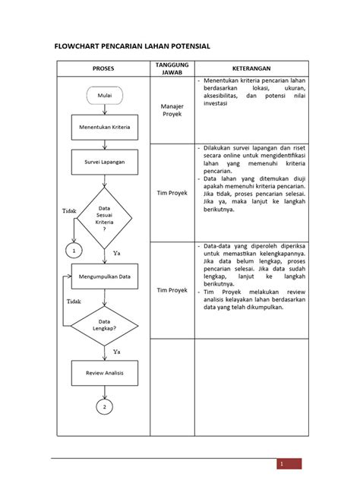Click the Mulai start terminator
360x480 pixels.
[x=104, y=95]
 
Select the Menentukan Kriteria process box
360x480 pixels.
[x=104, y=128]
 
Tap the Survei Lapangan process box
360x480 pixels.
[x=104, y=162]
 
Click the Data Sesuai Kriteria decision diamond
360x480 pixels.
[x=104, y=219]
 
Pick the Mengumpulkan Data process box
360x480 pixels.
[x=104, y=276]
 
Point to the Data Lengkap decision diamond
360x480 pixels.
[x=104, y=325]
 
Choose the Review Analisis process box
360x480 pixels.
[x=104, y=373]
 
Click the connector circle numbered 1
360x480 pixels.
[x=74, y=250]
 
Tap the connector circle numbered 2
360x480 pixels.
[x=104, y=408]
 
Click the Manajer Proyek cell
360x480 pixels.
[x=172, y=111]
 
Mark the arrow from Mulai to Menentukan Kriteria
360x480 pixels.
[x=104, y=109]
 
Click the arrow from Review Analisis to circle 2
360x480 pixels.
[x=104, y=392]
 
